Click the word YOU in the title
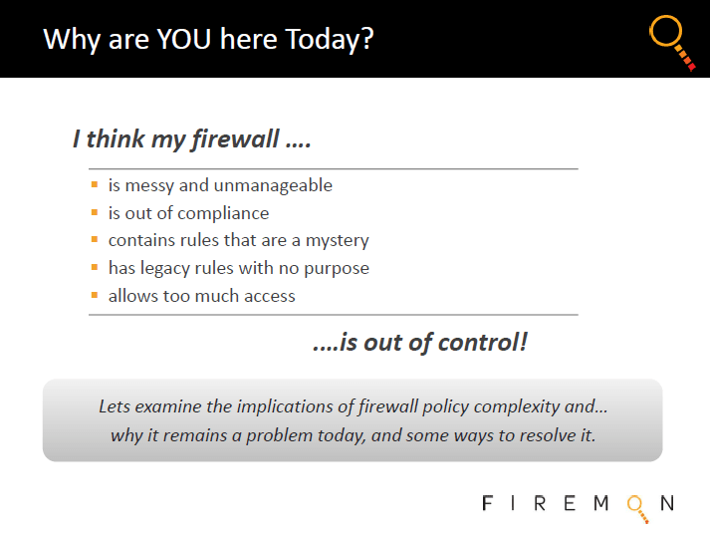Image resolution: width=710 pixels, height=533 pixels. [184, 39]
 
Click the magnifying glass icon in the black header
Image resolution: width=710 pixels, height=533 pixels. [672, 43]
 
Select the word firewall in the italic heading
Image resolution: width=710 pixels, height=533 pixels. [235, 138]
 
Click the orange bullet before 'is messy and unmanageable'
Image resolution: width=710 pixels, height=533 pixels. [95, 184]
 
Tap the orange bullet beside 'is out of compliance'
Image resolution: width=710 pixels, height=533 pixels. [95, 212]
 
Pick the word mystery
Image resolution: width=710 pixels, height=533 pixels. [338, 241]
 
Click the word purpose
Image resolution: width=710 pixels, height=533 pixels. [337, 269]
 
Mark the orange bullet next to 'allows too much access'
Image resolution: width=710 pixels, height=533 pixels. [95, 295]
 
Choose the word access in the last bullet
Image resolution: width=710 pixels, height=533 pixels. [270, 296]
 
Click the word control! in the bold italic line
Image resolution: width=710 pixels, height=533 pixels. [483, 342]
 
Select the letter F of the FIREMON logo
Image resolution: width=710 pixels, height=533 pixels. [487, 503]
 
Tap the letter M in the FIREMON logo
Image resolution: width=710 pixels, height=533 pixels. [600, 503]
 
